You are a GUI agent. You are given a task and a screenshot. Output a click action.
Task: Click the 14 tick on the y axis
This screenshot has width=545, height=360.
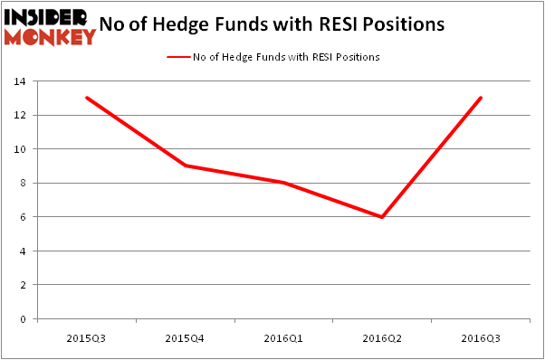tap(17, 81)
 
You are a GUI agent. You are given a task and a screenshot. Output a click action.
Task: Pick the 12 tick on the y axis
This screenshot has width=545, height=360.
tap(17, 115)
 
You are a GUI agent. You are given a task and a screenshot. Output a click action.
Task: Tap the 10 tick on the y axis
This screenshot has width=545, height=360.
tap(17, 149)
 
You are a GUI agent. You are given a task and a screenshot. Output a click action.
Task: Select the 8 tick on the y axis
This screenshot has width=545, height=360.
tap(20, 183)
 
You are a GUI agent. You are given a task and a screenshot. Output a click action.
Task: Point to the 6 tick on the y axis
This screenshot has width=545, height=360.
tap(20, 217)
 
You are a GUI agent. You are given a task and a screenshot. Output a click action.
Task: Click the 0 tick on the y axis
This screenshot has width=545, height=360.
tap(20, 318)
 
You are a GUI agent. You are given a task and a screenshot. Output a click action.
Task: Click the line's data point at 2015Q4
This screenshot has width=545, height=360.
tap(185, 166)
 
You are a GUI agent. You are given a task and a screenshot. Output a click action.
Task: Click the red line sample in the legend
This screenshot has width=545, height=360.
tap(178, 57)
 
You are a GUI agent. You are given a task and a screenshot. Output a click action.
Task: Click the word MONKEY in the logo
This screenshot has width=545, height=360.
tap(50, 36)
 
